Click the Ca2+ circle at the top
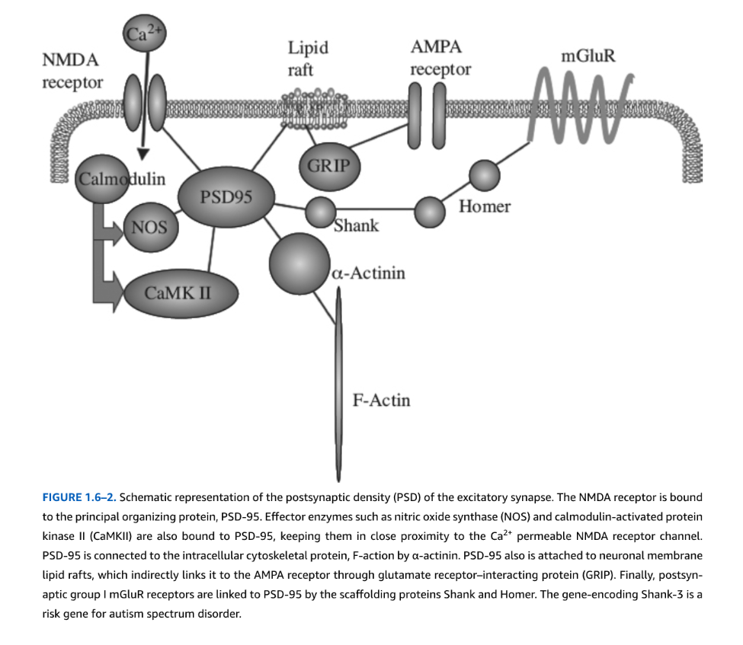pyautogui.click(x=143, y=35)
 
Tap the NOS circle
pyautogui.click(x=150, y=226)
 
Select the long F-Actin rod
pyautogui.click(x=339, y=381)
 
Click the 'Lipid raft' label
pyautogui.click(x=308, y=59)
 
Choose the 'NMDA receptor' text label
pyautogui.click(x=72, y=71)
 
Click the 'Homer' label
pyautogui.click(x=485, y=206)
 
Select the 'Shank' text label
pyautogui.click(x=356, y=225)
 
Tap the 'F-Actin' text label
pyautogui.click(x=381, y=400)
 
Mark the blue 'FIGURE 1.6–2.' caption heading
pyautogui.click(x=79, y=497)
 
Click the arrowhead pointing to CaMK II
pyautogui.click(x=116, y=292)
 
